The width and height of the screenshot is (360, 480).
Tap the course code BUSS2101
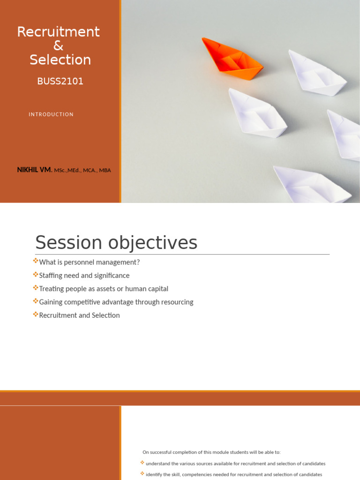[x=60, y=81]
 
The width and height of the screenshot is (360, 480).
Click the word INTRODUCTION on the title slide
[x=51, y=114]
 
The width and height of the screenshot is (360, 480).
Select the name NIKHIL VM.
[x=35, y=170]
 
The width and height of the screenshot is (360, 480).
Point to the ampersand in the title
[x=59, y=46]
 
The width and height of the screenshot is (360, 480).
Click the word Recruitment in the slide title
[x=59, y=32]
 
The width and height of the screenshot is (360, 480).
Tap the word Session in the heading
[x=68, y=243]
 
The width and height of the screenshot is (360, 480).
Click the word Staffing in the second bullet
[x=52, y=276]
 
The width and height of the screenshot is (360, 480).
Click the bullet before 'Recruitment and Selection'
[x=36, y=315]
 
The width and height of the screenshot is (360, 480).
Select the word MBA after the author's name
[x=105, y=171]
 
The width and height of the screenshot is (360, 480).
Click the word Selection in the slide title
[x=60, y=60]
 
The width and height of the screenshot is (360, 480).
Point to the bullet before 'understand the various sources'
[x=142, y=463]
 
